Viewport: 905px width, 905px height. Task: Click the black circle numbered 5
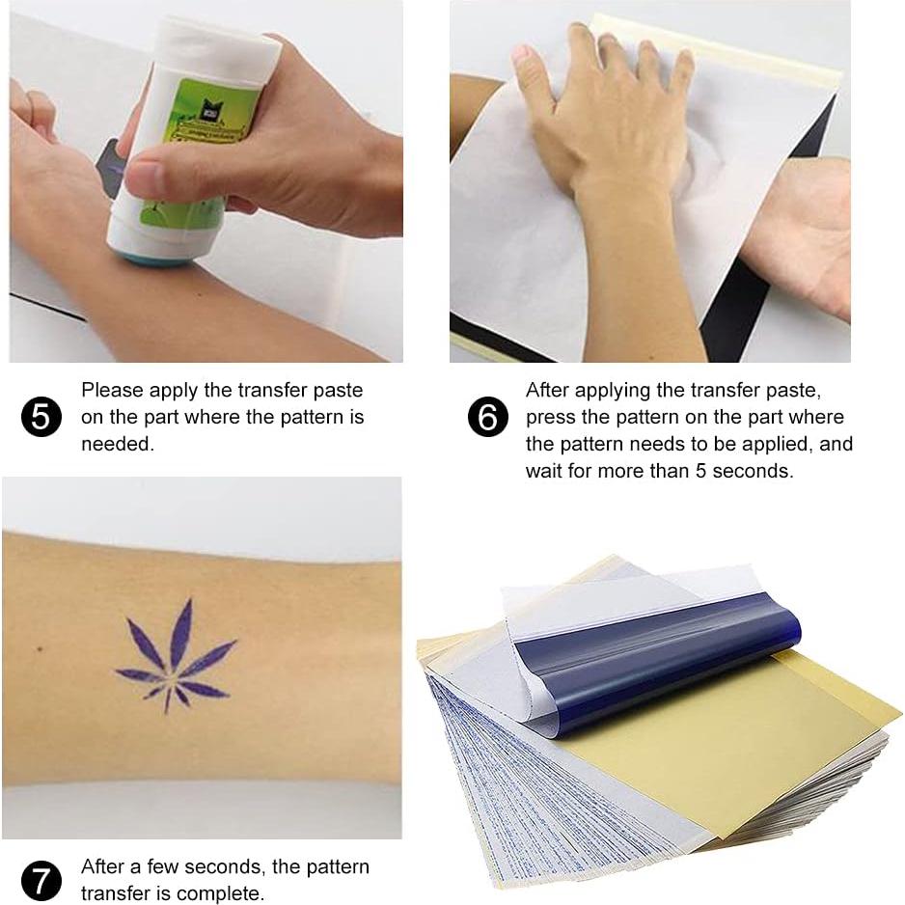coord(41,417)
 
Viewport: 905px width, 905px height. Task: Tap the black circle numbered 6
coord(487,417)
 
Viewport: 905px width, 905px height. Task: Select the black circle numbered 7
coord(41,881)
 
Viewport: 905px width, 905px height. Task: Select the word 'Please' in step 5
coord(112,391)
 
